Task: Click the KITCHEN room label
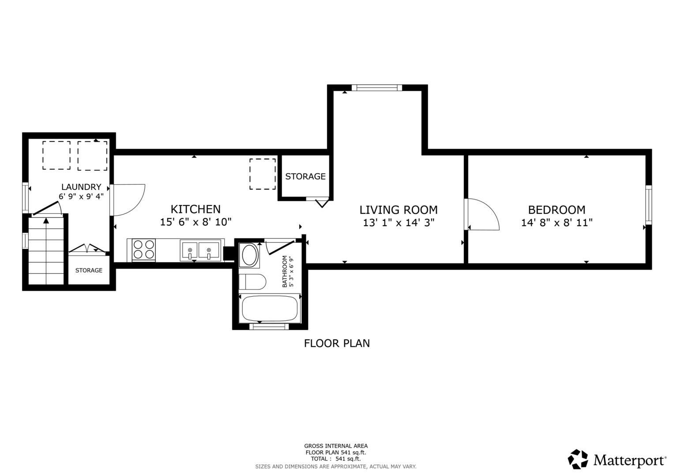(x=196, y=209)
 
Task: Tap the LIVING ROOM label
(x=398, y=210)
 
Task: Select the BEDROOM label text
(x=557, y=210)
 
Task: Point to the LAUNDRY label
(x=81, y=187)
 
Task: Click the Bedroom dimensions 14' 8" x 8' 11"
(x=557, y=223)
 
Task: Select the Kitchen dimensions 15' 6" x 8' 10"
(x=196, y=222)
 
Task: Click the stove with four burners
(x=144, y=249)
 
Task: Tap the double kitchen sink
(x=200, y=250)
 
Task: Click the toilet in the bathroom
(x=252, y=282)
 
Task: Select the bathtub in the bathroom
(x=269, y=308)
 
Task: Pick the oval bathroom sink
(x=249, y=255)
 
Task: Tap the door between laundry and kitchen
(x=129, y=200)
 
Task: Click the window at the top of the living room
(x=377, y=88)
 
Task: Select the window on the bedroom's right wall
(x=648, y=205)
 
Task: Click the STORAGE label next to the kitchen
(x=305, y=177)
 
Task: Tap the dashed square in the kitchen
(x=263, y=174)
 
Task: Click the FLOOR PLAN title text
(x=337, y=343)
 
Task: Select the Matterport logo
(x=617, y=460)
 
